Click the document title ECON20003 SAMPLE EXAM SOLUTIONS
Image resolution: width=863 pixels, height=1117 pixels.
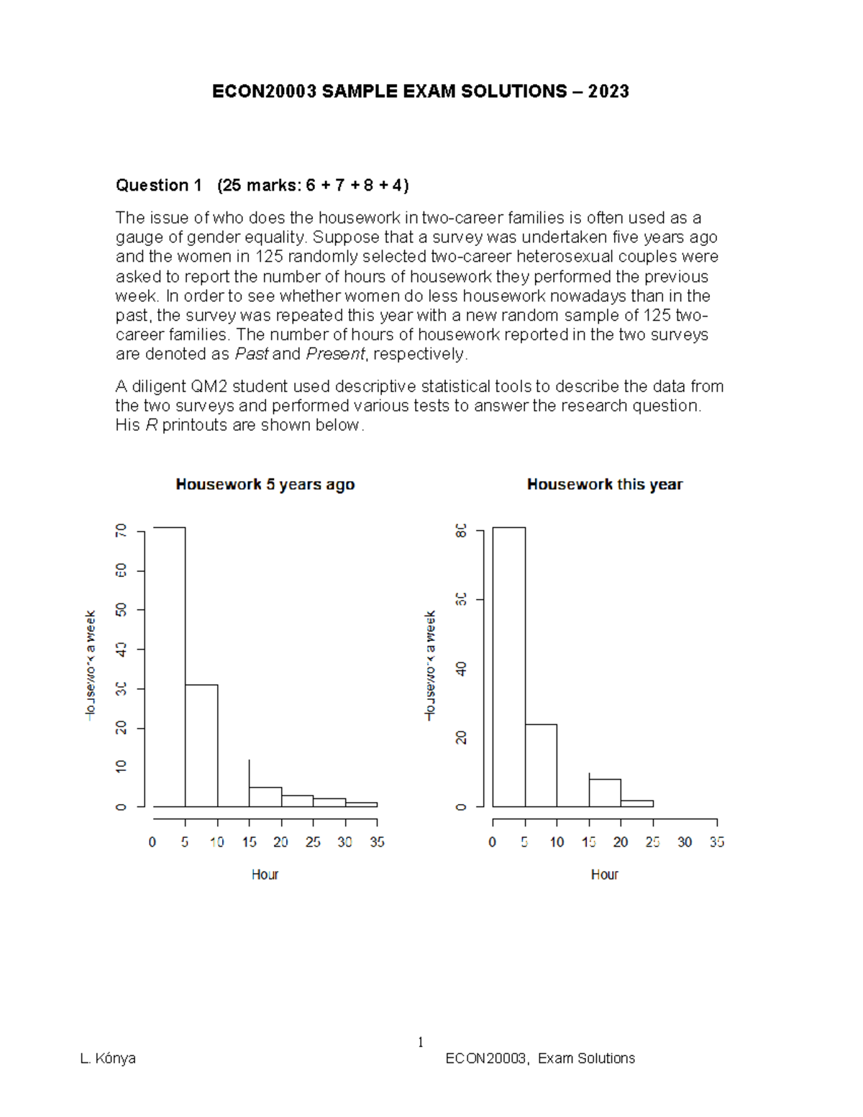(x=420, y=91)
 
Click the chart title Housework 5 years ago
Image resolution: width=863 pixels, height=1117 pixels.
(x=265, y=485)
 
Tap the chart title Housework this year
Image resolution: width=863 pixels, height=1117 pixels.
(x=604, y=485)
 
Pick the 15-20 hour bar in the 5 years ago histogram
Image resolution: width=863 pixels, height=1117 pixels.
(x=265, y=797)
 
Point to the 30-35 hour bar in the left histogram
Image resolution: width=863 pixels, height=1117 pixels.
(x=361, y=804)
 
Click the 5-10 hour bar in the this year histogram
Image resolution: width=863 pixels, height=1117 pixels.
(x=541, y=765)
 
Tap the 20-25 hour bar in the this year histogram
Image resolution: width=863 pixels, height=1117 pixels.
(x=637, y=803)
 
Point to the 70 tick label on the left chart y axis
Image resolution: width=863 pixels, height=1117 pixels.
(x=121, y=531)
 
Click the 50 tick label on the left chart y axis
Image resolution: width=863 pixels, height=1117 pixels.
(x=121, y=610)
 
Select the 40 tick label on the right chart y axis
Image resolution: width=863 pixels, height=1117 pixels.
(x=461, y=669)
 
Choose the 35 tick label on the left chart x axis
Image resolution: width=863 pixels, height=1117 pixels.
(x=377, y=842)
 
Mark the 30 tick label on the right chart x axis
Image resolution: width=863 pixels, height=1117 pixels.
(x=685, y=842)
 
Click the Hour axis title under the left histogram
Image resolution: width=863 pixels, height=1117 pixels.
(x=265, y=875)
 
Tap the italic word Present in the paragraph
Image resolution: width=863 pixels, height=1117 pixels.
(x=335, y=354)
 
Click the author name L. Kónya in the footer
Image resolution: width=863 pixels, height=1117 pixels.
(x=108, y=1058)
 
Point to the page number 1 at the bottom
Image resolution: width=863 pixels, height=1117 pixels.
(x=421, y=1042)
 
